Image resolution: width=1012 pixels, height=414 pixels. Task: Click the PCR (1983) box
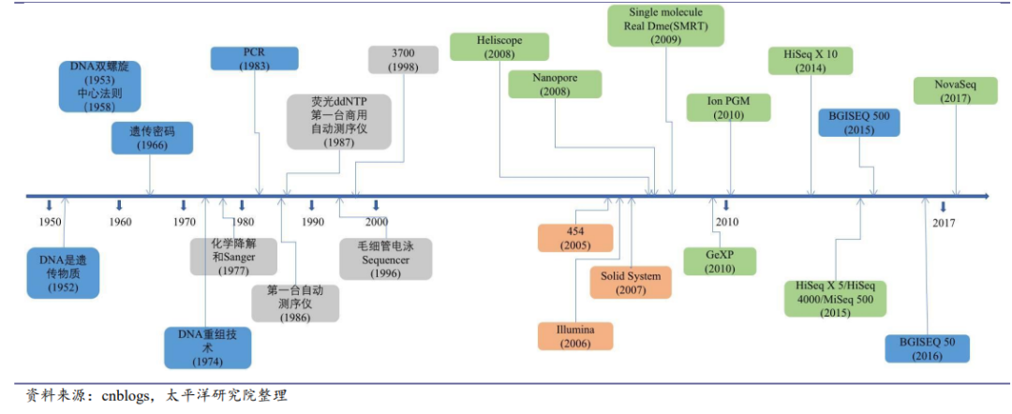point(255,58)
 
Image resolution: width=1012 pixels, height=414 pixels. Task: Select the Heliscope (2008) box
point(499,48)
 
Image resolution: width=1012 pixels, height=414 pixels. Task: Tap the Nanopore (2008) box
point(555,84)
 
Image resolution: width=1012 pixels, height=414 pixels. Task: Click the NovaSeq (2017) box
point(957,90)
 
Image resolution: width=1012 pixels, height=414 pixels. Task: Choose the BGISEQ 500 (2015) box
point(858,123)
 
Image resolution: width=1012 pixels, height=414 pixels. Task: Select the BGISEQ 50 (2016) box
point(927,348)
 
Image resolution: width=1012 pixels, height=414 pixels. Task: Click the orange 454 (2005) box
point(575,238)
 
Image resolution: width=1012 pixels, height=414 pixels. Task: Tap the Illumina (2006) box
point(575,336)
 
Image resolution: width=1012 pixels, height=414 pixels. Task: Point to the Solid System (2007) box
point(631,283)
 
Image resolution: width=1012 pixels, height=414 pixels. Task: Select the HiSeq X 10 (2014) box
point(811,61)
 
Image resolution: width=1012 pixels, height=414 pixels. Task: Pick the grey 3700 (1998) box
point(403,59)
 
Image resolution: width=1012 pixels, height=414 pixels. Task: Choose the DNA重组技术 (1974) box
point(208,347)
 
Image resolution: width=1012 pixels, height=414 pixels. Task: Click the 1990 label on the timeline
point(313,222)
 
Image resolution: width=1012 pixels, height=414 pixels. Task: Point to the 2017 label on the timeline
point(944,223)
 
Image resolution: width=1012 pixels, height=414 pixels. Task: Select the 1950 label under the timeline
point(51,222)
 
